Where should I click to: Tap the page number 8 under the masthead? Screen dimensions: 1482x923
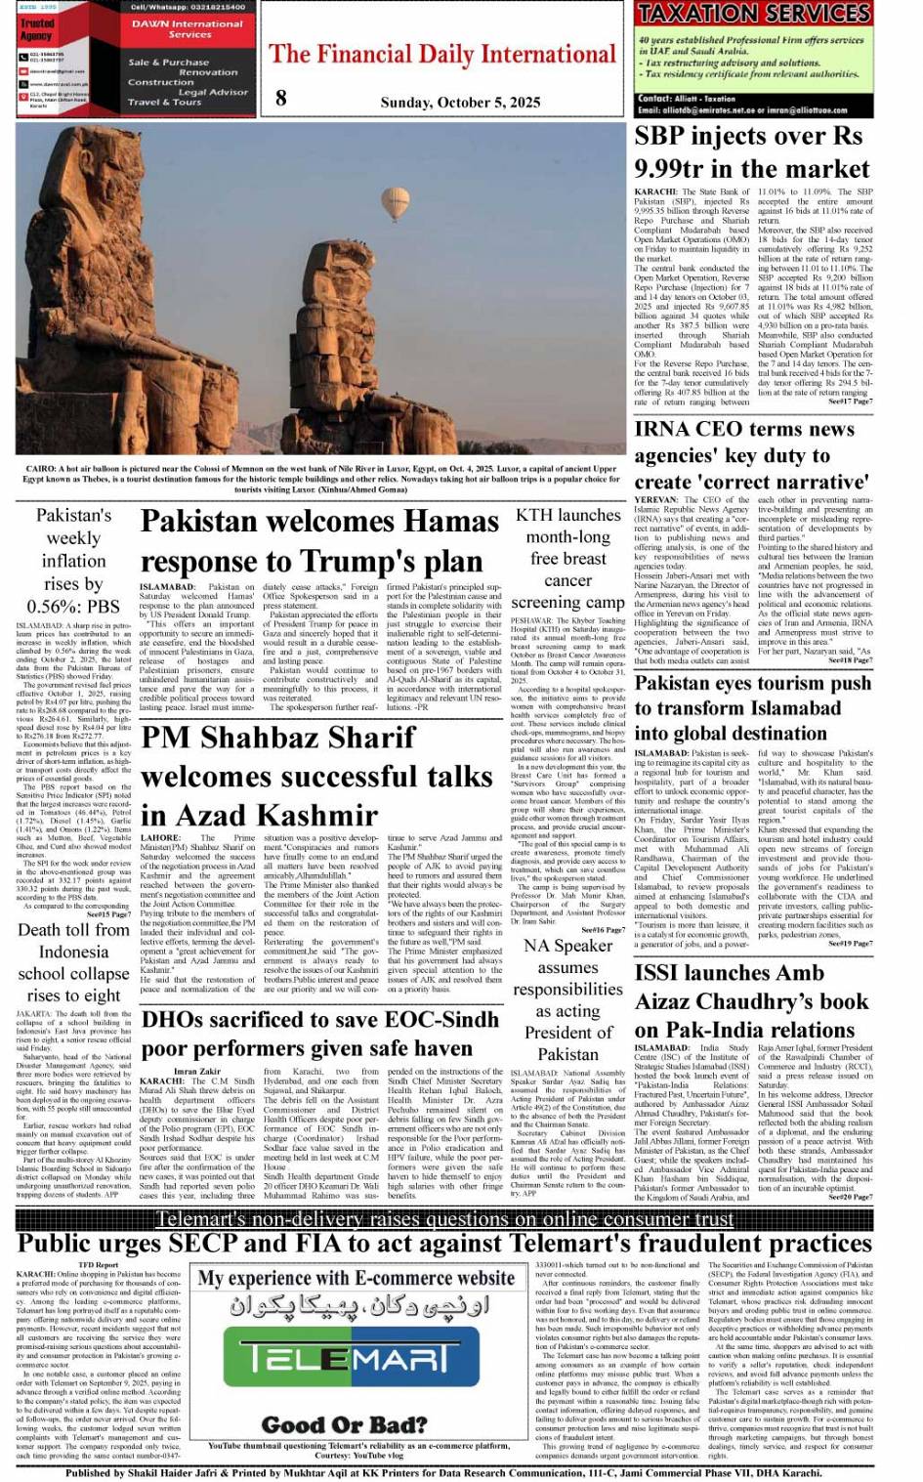point(281,97)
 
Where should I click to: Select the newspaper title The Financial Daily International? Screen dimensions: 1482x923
point(442,55)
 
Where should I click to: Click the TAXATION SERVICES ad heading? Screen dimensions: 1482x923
point(753,14)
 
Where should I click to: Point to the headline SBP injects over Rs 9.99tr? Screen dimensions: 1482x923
point(750,152)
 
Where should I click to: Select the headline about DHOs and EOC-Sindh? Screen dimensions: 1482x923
point(320,1034)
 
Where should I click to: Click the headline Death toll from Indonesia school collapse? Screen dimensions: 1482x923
point(73,962)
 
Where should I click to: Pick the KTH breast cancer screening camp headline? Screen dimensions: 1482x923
point(567,559)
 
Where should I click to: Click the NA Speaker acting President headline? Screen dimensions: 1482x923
point(567,999)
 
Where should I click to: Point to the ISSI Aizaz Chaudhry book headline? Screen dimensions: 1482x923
point(751,1001)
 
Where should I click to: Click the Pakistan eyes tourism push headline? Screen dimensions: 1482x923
point(752,707)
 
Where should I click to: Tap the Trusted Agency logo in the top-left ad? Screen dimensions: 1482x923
point(38,30)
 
